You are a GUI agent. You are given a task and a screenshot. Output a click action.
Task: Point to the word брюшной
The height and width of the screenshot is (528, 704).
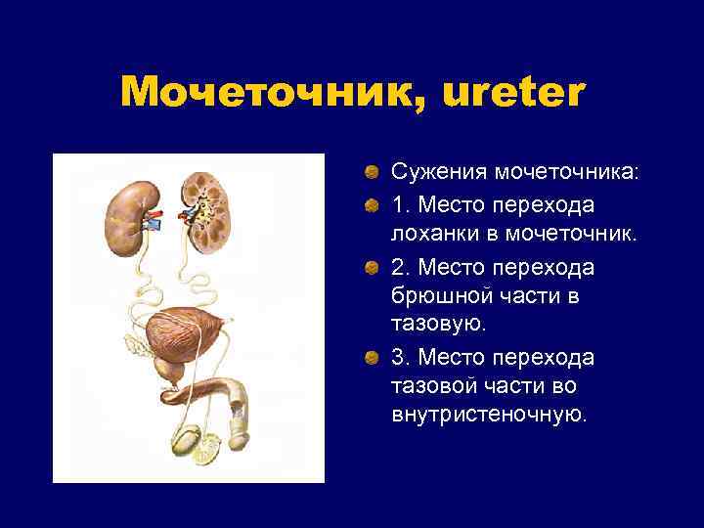tap(444, 294)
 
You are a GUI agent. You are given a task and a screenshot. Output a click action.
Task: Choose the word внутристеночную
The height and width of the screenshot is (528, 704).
tap(489, 415)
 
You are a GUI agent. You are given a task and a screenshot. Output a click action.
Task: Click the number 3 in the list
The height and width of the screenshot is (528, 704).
tap(398, 355)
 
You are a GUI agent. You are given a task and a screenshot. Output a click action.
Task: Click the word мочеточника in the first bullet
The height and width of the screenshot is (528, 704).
tap(567, 172)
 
